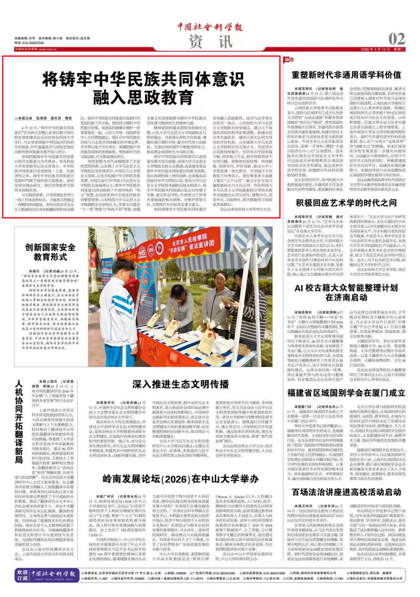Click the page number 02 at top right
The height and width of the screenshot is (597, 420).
(396, 39)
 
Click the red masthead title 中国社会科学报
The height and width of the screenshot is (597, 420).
(210, 27)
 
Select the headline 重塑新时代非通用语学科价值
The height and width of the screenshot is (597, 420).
(346, 75)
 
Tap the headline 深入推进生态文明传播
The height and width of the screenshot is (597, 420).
(181, 384)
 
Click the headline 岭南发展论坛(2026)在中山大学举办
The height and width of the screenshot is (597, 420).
(181, 479)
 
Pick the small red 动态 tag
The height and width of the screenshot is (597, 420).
(289, 60)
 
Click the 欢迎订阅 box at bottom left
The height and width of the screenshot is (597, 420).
(22, 575)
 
